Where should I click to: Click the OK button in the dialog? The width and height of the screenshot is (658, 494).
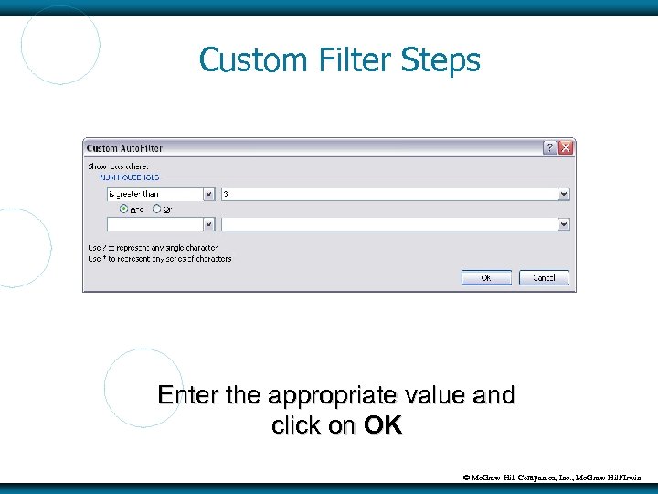coord(485,277)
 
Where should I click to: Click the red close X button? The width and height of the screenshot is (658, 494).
coord(566,147)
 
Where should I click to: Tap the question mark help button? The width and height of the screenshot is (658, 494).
coord(549,147)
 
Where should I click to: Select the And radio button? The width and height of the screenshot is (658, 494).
coord(124,209)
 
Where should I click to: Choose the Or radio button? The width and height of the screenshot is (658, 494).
coord(156,209)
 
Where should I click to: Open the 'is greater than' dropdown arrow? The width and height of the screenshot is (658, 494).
coord(208,194)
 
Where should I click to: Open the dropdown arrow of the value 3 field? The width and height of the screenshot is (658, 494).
coord(563,194)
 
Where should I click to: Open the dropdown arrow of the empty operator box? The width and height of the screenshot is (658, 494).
coord(208,223)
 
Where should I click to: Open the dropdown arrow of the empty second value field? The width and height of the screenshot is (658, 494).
coord(563,223)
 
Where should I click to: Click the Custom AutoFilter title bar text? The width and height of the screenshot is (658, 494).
coord(124,147)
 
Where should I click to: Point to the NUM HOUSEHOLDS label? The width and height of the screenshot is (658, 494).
coord(130,177)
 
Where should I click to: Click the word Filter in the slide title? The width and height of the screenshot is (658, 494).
coord(361,60)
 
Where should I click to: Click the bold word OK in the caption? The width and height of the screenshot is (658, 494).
coord(382,425)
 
